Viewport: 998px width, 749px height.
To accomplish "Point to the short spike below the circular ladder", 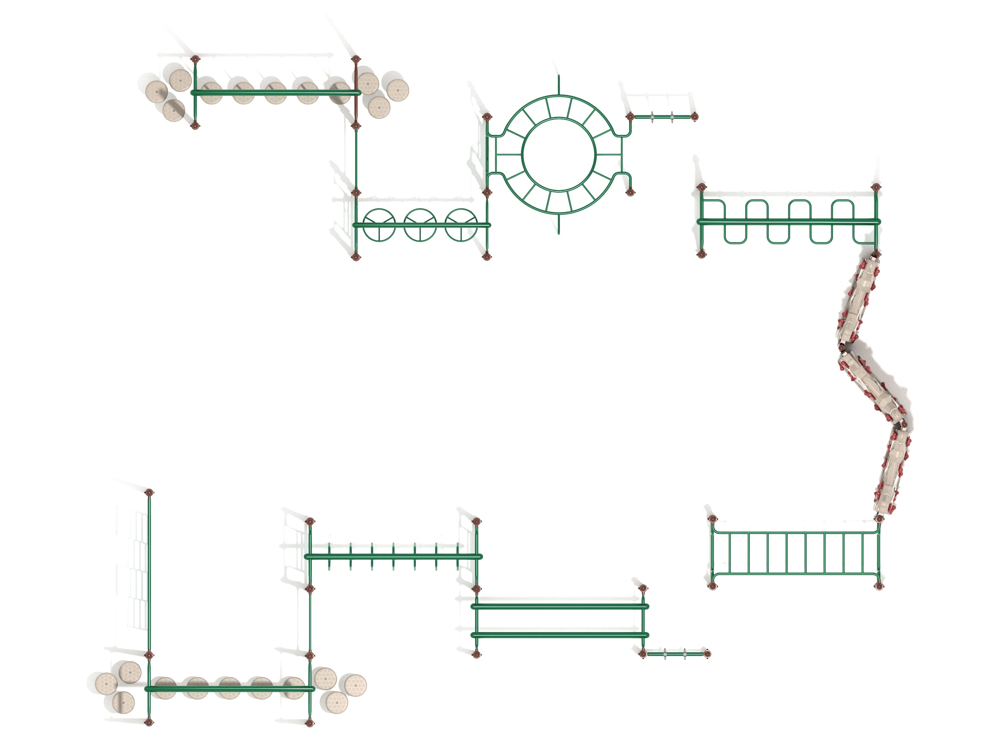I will pyautogui.click(x=559, y=224).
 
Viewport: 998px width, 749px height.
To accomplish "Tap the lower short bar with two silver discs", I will pyautogui.click(x=675, y=653).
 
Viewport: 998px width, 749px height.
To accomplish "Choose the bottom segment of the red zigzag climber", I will pyautogui.click(x=893, y=472).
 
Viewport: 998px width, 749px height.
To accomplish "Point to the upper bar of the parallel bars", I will pyautogui.click(x=560, y=606).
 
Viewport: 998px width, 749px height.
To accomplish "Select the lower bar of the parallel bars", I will pyautogui.click(x=560, y=635).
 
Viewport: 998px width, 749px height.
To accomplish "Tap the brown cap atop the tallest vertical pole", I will pyautogui.click(x=149, y=492).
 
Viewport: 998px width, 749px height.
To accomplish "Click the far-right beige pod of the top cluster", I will pyautogui.click(x=398, y=90).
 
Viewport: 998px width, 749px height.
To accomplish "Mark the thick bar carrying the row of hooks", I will pyautogui.click(x=393, y=556).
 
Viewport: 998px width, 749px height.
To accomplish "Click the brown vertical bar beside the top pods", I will pyautogui.click(x=356, y=93).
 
